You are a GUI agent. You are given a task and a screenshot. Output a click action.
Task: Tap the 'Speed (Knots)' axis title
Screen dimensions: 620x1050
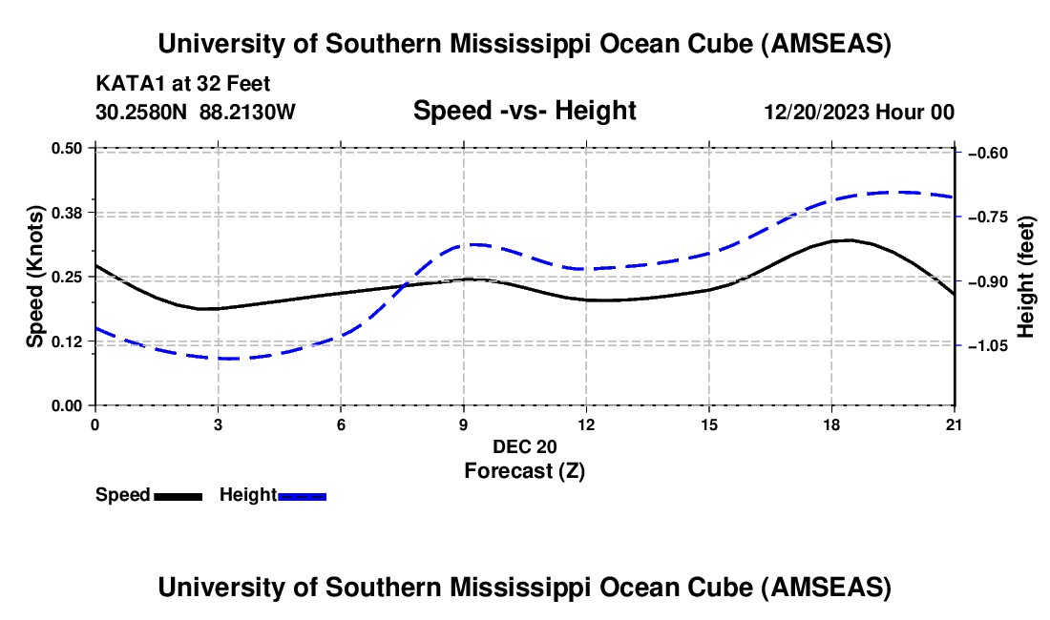coord(34,277)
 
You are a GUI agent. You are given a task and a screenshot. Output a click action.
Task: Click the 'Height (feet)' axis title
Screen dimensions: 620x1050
coord(1026,277)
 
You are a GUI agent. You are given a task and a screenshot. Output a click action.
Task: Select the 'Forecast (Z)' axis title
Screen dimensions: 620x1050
coord(524,470)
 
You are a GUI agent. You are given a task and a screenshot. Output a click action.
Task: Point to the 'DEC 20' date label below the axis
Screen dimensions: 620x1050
coord(524,446)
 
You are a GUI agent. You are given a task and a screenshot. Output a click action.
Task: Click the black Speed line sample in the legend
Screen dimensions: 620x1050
coord(178,496)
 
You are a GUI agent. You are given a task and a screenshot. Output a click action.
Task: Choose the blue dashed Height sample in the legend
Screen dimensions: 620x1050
coord(302,496)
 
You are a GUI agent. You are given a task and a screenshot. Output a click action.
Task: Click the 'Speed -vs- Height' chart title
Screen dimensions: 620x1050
coord(524,111)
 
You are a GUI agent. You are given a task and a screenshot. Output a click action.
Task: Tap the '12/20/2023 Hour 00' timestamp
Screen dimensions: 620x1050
coord(858,112)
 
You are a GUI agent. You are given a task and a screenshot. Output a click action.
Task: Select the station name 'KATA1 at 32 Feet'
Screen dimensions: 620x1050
coord(189,84)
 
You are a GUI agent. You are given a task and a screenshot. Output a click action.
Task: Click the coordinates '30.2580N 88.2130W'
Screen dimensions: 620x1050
coord(196,112)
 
